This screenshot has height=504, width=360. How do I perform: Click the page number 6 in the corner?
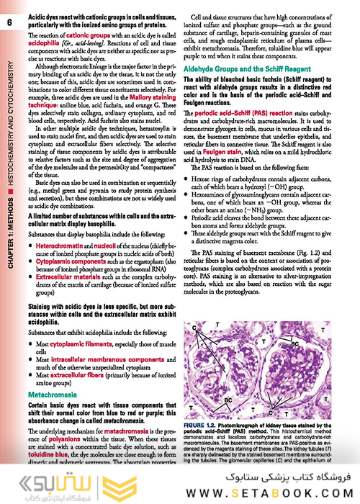8,23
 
